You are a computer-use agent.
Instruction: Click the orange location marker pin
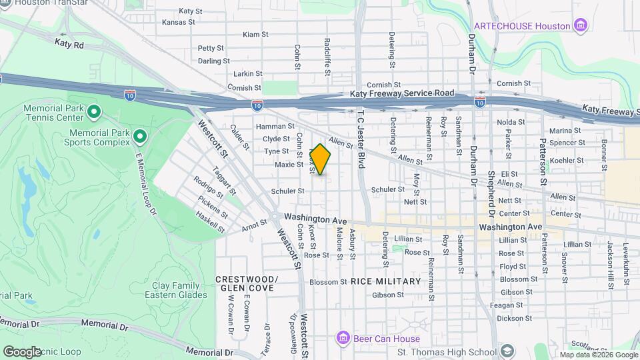tap(320, 159)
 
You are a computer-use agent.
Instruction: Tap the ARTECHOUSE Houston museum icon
tap(581, 26)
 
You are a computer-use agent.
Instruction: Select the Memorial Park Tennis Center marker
tap(93, 111)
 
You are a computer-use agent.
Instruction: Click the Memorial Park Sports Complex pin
tap(139, 137)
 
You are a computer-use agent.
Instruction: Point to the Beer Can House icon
tap(343, 338)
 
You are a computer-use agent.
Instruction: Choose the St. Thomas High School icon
tap(507, 351)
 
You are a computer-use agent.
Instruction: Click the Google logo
tap(22, 351)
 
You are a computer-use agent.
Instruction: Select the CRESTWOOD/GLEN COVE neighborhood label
tap(245, 283)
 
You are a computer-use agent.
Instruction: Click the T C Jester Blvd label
tap(361, 139)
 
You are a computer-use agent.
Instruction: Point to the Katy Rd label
tap(69, 45)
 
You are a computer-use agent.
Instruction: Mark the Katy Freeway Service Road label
tap(401, 94)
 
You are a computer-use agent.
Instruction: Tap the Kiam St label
tap(255, 34)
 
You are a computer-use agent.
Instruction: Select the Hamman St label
tap(270, 126)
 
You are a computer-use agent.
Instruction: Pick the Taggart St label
tap(223, 181)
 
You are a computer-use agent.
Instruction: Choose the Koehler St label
tap(567, 161)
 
